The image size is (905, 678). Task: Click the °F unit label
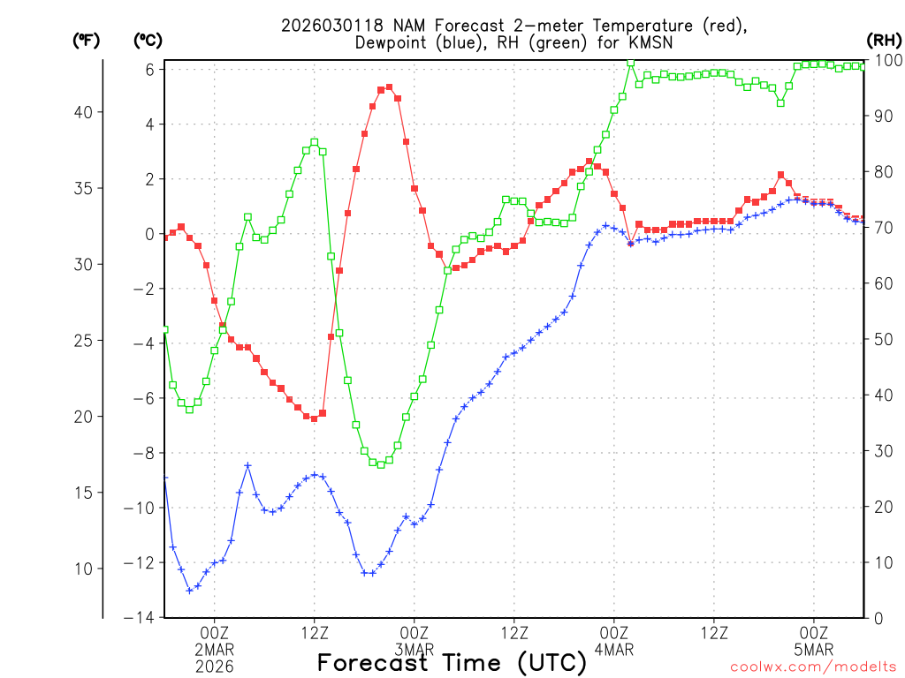86,40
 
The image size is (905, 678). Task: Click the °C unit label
147,40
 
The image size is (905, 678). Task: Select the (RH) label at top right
884,40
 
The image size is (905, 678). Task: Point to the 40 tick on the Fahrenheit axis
85,112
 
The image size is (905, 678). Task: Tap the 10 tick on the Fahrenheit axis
85,568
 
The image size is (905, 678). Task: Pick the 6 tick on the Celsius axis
150,69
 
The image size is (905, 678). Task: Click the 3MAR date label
414,649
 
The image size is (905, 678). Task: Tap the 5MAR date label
814,649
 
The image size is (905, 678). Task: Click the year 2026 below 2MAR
215,667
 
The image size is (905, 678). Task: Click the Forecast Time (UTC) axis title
452,662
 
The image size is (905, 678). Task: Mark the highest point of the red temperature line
390,87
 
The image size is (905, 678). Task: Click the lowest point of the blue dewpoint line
189,590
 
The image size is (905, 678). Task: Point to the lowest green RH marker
381,464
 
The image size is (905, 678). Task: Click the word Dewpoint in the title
393,42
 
